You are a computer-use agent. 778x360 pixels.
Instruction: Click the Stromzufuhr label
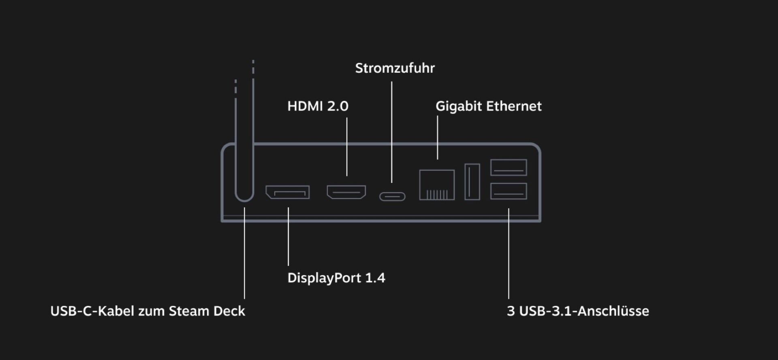(395, 68)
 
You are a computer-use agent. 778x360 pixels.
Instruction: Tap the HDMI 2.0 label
(318, 106)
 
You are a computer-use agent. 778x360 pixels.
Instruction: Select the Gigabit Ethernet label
(488, 106)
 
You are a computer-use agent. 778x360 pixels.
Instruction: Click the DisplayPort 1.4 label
(336, 278)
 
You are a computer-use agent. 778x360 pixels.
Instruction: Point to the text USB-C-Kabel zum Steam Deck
(147, 311)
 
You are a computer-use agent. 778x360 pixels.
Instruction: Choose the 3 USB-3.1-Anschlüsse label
(578, 311)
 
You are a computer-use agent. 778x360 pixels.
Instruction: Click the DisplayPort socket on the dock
(288, 192)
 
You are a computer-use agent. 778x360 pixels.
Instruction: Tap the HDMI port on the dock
(346, 192)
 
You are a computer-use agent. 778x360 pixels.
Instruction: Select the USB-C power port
(392, 197)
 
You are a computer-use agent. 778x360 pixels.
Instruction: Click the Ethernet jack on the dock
(437, 185)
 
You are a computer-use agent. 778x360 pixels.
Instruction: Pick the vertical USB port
(472, 182)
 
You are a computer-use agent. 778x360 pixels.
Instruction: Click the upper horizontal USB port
(509, 167)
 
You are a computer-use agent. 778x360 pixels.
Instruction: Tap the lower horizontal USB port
(509, 191)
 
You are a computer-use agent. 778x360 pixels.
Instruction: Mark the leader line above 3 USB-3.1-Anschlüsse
(509, 253)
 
